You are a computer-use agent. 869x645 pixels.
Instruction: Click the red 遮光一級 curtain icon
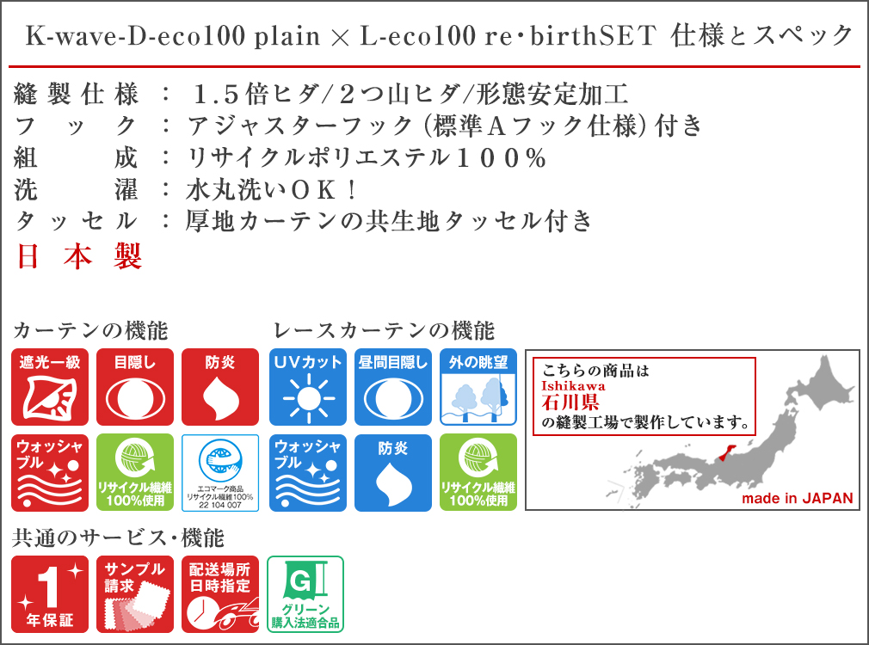pos(50,387)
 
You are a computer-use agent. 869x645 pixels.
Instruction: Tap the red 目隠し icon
pos(135,387)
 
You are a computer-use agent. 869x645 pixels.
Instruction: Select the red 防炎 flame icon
pos(220,387)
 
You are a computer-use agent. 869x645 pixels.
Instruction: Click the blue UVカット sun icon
pos(308,387)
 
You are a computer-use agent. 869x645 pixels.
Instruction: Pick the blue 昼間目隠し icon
pos(393,387)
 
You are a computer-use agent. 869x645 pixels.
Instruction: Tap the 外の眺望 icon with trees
pos(478,387)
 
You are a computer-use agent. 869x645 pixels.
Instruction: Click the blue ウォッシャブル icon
pos(308,473)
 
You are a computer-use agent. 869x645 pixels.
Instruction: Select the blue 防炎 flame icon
pos(393,473)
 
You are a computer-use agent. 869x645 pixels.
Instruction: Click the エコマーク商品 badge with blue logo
pos(220,473)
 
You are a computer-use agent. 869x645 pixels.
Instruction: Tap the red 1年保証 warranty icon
pos(50,594)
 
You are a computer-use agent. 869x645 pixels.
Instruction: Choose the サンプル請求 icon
pos(135,594)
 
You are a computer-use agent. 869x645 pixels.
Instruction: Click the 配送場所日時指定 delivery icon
pos(220,594)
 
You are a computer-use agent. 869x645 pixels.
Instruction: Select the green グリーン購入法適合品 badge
pos(305,594)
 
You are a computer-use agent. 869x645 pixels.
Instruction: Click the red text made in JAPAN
pos(798,498)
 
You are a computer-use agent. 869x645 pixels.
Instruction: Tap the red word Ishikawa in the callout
pos(573,385)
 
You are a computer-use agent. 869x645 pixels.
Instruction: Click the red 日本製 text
pos(78,256)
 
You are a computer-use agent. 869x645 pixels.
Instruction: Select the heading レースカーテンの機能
pos(384,331)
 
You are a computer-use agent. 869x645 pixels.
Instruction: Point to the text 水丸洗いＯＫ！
pos(271,190)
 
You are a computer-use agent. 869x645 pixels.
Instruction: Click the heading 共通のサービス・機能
pos(118,538)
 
